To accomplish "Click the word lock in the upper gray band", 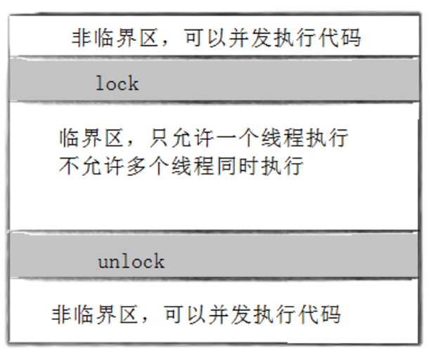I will pos(117,84).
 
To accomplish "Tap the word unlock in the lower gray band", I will pos(131,262).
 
